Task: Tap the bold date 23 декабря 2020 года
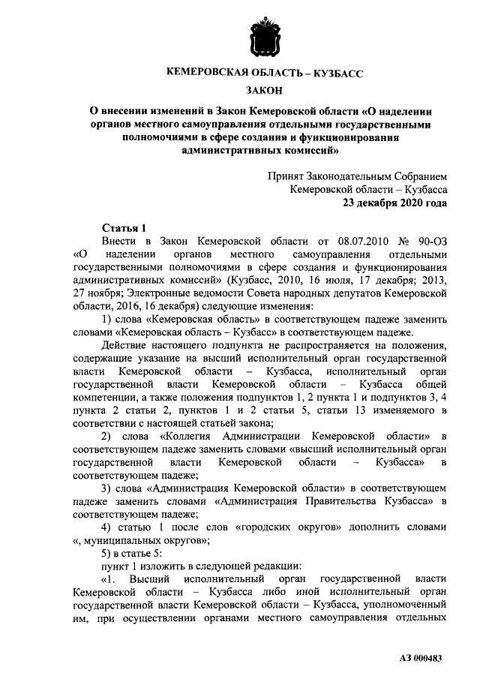[x=395, y=203]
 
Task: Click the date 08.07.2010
[x=352, y=241]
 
